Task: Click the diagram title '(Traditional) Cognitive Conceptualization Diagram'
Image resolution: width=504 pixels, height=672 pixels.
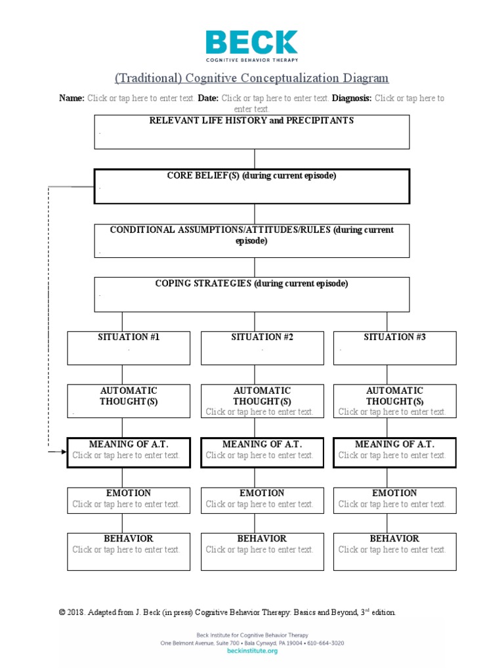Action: coord(251,78)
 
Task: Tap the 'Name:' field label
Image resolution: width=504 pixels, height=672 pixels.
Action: coord(72,98)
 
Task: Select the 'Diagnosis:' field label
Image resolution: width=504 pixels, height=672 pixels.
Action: coord(352,98)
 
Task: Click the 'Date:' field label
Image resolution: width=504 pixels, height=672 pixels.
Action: coord(208,98)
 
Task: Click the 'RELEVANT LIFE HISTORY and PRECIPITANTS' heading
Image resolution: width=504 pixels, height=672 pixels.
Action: coord(251,121)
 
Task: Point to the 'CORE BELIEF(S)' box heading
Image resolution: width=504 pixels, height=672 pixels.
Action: coord(251,176)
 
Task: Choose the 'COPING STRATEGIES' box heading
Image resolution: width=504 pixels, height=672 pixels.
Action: coord(251,284)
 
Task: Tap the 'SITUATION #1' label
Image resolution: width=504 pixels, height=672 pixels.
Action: coord(129,337)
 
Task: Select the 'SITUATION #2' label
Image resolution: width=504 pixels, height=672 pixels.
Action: coord(262,337)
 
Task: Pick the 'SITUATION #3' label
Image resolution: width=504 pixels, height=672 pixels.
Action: coord(394,337)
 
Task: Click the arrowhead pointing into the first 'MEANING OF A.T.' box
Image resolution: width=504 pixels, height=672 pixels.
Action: coord(63,451)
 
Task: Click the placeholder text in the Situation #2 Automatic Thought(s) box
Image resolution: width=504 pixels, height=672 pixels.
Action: coord(260,412)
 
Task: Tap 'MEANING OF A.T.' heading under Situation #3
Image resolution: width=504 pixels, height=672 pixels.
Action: coord(394,444)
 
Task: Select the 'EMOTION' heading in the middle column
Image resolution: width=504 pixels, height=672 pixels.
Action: coord(262,493)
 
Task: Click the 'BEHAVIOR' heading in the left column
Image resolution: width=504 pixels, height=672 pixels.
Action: coord(129,539)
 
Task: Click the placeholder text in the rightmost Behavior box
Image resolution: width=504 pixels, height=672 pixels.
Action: coord(392,550)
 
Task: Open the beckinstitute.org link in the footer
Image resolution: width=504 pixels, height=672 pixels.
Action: coord(251,651)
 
